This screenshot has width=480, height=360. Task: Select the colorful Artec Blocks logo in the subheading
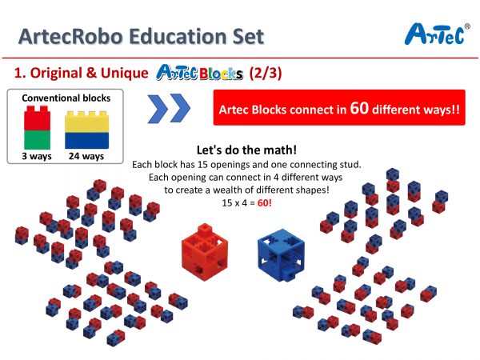tap(199, 73)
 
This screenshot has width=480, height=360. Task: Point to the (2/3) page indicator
tap(266, 73)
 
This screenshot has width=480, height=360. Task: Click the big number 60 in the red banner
tap(359, 108)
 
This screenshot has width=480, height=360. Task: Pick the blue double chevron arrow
tap(169, 108)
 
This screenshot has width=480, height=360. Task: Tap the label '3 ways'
tap(37, 156)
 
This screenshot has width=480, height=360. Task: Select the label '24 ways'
tap(86, 156)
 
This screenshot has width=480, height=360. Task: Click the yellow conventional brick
tap(86, 122)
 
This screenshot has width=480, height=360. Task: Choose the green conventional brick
tap(37, 140)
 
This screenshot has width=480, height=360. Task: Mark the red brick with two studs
tap(37, 118)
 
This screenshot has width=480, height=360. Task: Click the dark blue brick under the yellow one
tap(86, 141)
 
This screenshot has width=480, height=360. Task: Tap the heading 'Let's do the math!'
tap(246, 150)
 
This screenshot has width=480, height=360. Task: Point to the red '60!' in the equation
tap(265, 202)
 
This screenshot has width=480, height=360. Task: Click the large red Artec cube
tap(205, 251)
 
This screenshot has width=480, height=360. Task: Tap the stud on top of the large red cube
tap(205, 229)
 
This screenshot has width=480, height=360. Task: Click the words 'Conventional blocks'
tap(66, 98)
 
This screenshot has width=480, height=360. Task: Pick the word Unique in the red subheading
tap(124, 73)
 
